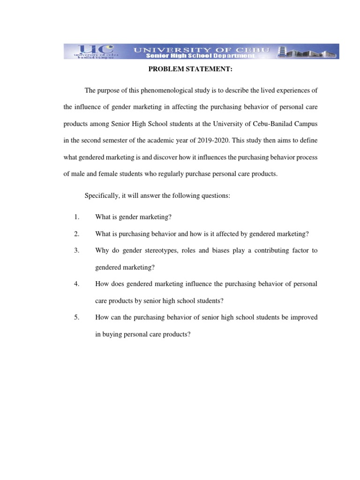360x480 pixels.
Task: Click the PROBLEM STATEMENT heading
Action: coord(180,70)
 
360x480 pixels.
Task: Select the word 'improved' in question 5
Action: coord(303,317)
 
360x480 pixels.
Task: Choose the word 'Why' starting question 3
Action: coord(102,250)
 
